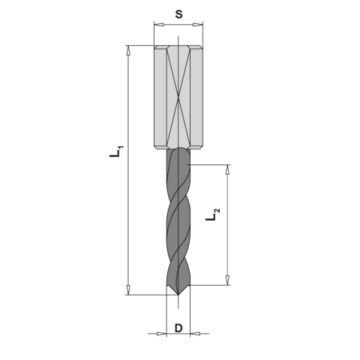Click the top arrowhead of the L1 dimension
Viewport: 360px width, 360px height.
pos(128,50)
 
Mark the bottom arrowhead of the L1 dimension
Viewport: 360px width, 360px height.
pos(128,291)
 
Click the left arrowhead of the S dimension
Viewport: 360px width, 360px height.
pos(157,25)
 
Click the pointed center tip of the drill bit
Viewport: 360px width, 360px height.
pos(178,295)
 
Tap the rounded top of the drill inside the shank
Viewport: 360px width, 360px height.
pos(178,150)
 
